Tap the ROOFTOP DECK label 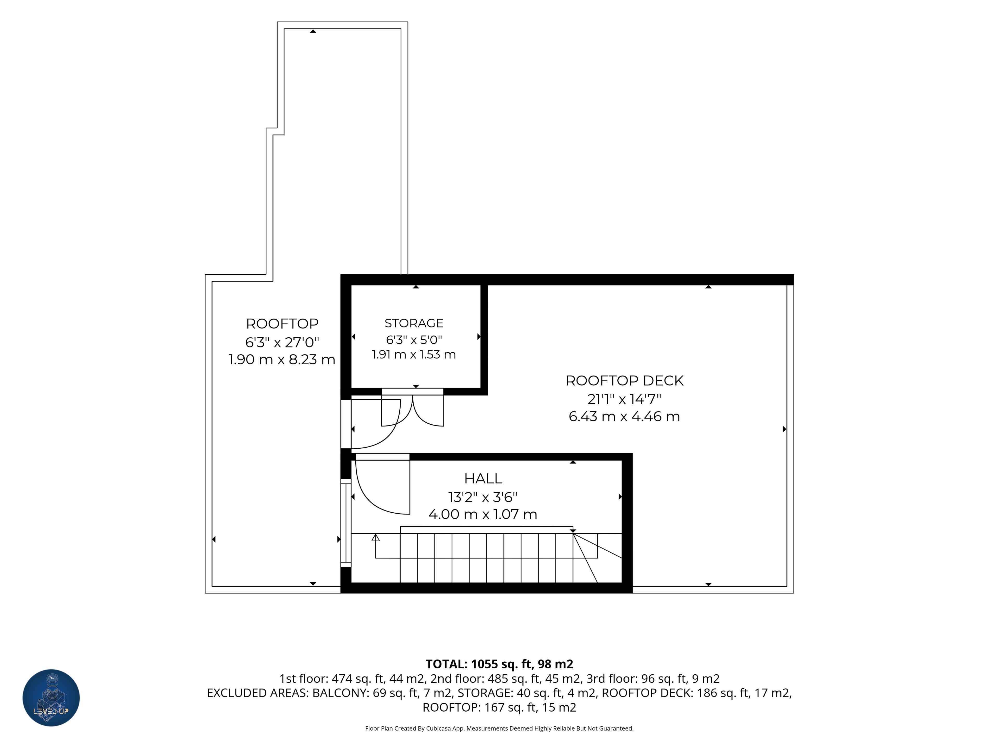pos(625,380)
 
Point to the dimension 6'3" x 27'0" pos(282,342)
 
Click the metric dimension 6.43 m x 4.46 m pos(624,416)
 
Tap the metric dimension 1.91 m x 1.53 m pos(414,354)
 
